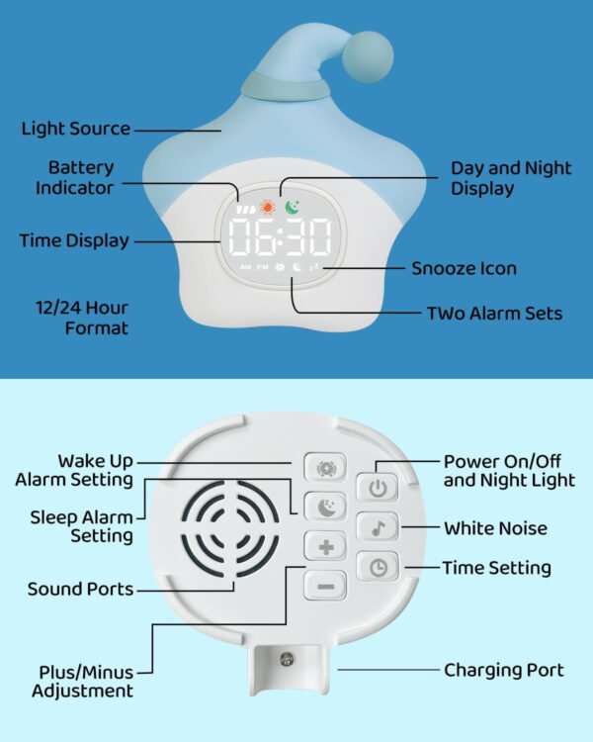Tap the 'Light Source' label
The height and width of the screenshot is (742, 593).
pyautogui.click(x=76, y=129)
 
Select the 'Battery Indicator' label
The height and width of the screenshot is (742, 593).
pyautogui.click(x=75, y=177)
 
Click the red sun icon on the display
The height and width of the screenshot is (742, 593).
pyautogui.click(x=267, y=208)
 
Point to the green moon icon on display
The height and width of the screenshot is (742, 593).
pyautogui.click(x=292, y=208)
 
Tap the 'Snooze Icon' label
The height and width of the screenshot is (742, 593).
pyautogui.click(x=464, y=268)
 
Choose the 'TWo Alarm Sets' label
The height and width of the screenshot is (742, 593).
pyautogui.click(x=493, y=314)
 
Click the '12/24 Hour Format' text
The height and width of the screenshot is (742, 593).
pyautogui.click(x=84, y=317)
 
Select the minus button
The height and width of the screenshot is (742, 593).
pyautogui.click(x=325, y=585)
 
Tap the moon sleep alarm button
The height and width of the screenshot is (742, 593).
pyautogui.click(x=325, y=507)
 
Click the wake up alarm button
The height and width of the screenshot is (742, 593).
pyautogui.click(x=325, y=467)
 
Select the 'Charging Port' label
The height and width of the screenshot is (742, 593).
pyautogui.click(x=504, y=670)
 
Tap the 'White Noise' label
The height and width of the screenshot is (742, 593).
pyautogui.click(x=495, y=528)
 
